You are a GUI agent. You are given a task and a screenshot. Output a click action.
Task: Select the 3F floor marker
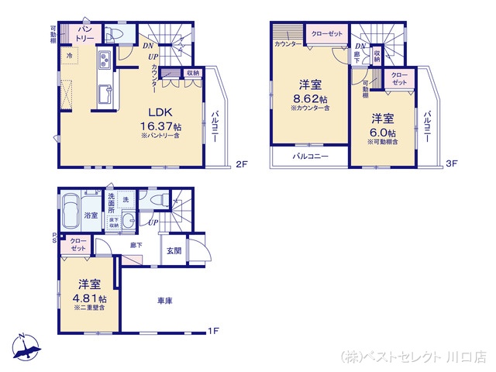(453, 164)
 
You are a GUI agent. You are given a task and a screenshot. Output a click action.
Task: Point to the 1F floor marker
(212, 331)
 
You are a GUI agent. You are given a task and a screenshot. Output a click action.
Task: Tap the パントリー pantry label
(84, 33)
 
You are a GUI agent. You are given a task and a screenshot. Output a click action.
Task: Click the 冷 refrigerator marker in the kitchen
(70, 57)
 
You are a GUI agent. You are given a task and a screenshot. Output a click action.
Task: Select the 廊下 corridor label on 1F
(136, 246)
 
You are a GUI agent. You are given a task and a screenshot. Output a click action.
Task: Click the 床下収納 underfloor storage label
(113, 223)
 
